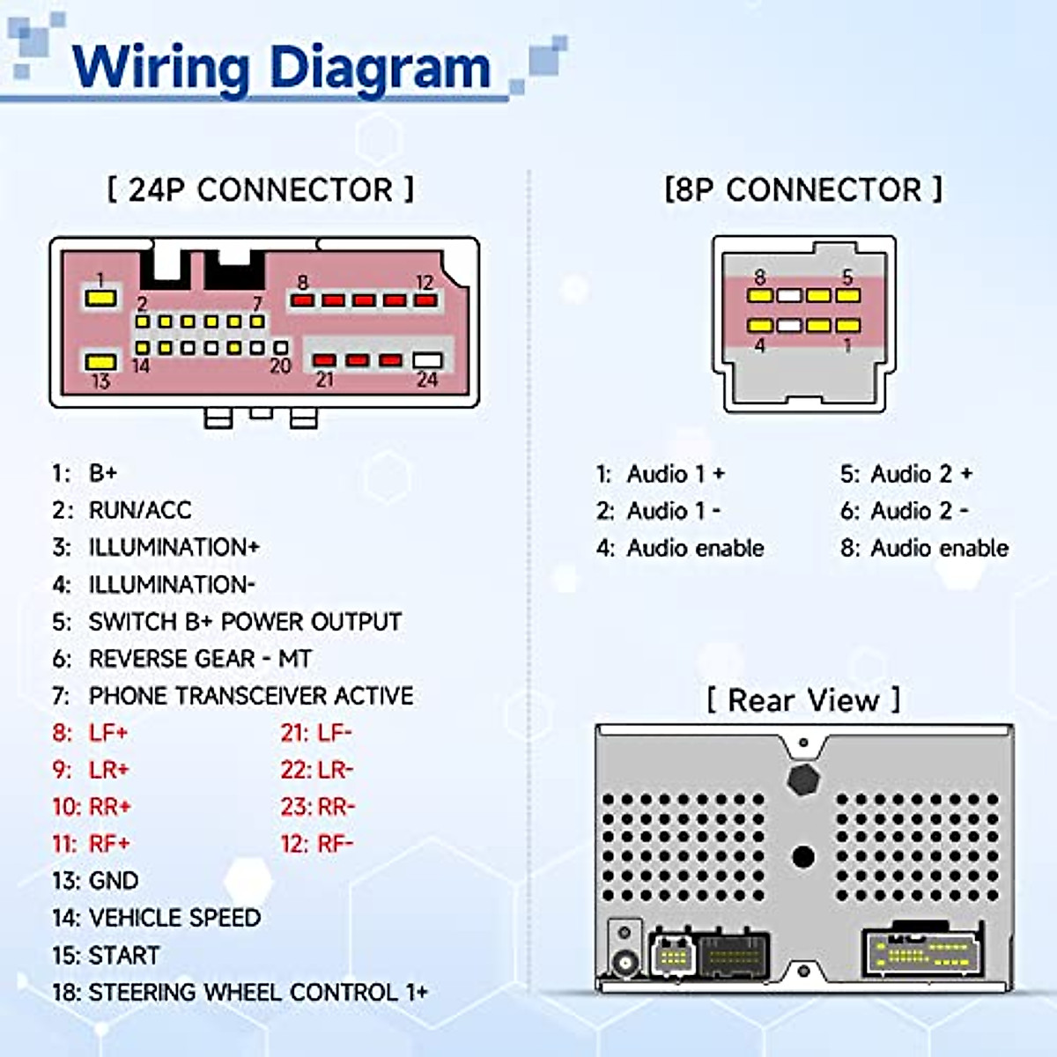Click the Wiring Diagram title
(282, 67)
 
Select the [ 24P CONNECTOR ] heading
(261, 189)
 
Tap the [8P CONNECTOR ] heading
(802, 189)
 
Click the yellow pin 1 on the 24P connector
(100, 298)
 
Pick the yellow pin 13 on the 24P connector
(100, 362)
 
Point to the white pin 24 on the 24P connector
(427, 360)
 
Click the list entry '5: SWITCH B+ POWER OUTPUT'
(226, 622)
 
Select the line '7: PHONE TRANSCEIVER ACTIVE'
(233, 696)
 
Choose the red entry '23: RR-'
(318, 807)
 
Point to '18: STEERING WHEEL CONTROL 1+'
(240, 993)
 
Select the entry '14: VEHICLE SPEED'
(156, 918)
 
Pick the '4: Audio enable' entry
(680, 548)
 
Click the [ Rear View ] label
(803, 700)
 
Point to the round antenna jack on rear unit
(625, 963)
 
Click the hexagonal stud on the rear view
(802, 779)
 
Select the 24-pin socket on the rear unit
(923, 953)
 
